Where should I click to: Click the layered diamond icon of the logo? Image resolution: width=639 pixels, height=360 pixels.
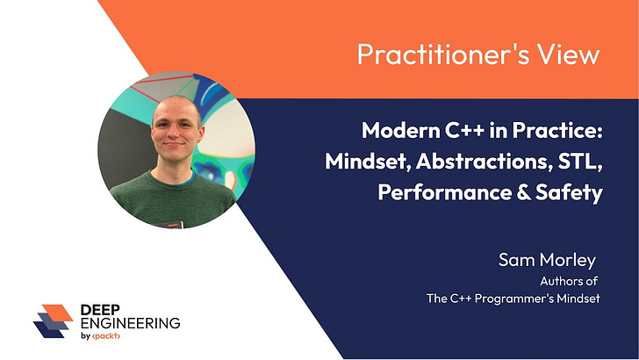pyautogui.click(x=52, y=321)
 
